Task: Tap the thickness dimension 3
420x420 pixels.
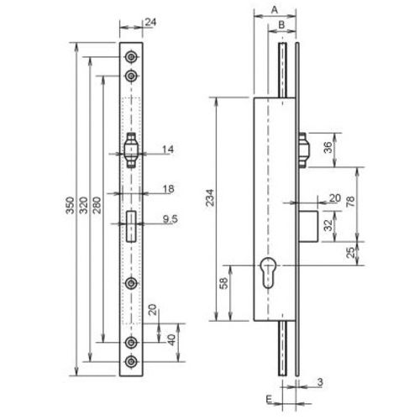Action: pyautogui.click(x=322, y=385)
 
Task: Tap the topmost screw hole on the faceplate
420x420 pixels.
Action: pyautogui.click(x=132, y=56)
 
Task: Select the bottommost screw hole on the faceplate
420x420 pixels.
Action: pyautogui.click(x=132, y=362)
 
